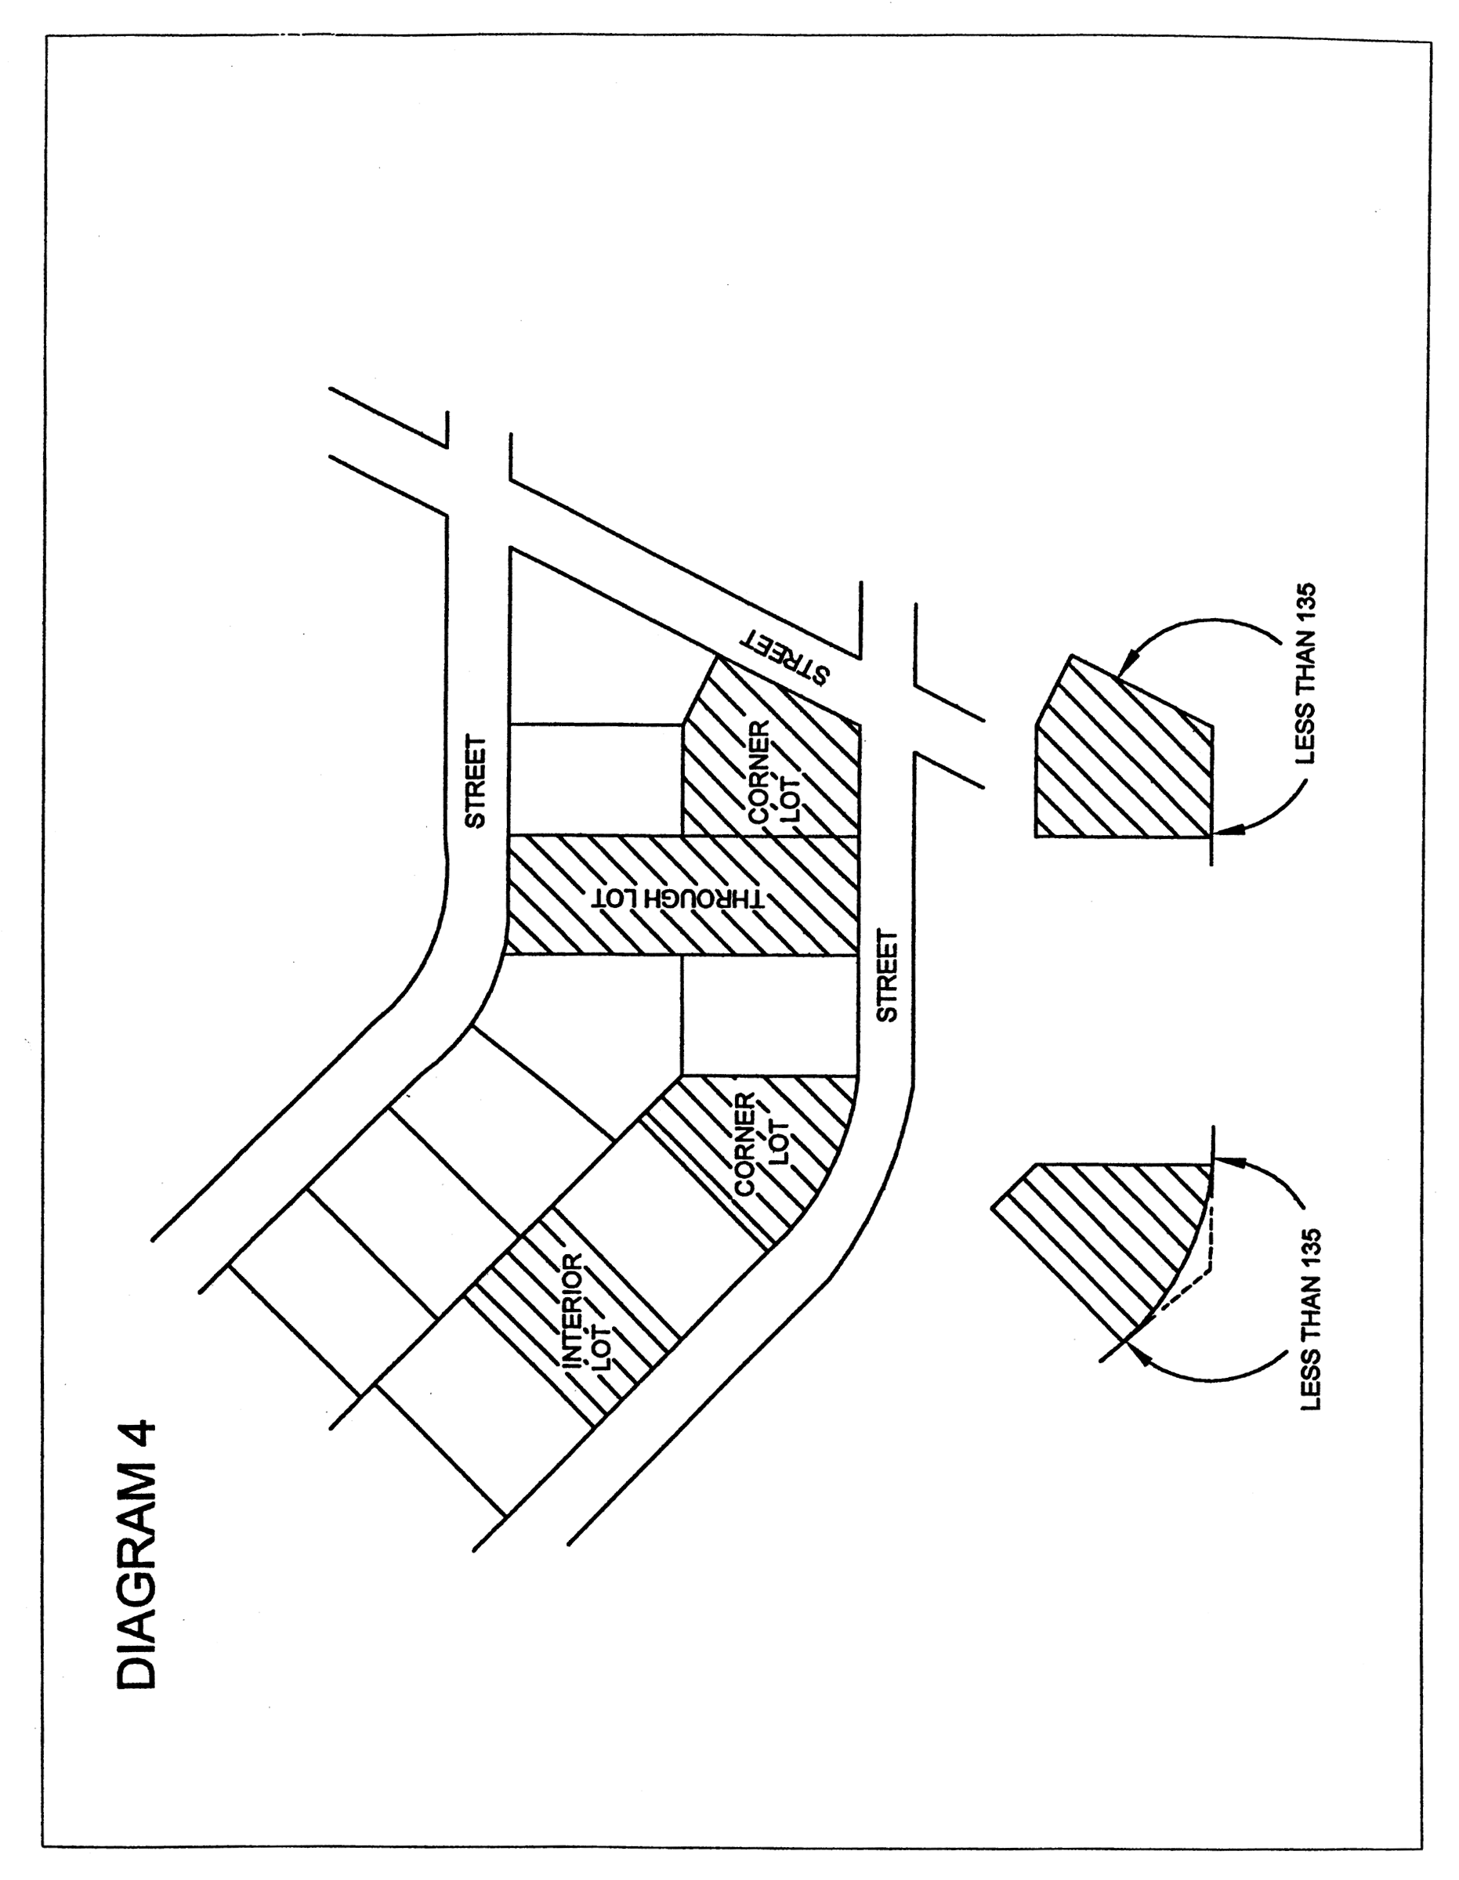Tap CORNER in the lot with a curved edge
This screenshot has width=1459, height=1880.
746,1143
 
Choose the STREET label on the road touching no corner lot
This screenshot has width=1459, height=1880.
476,780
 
